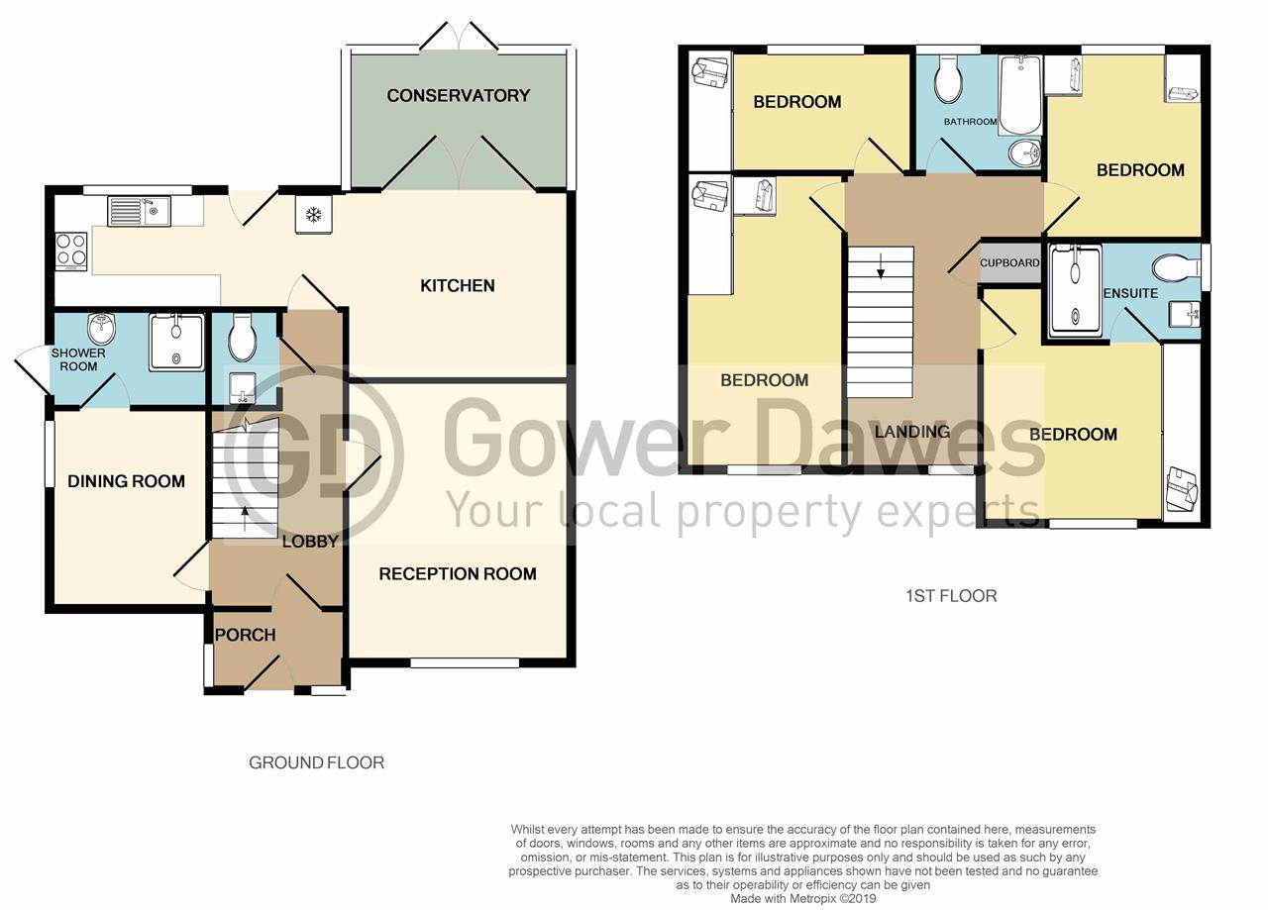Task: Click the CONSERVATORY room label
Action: (x=458, y=96)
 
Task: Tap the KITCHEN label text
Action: (x=457, y=286)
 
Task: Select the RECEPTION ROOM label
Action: (x=457, y=574)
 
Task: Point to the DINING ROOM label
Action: (x=126, y=482)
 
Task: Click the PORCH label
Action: (x=245, y=635)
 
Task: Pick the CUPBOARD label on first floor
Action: (x=1009, y=263)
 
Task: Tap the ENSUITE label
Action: (x=1130, y=294)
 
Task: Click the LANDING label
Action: (x=911, y=432)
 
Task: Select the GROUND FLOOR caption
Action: (x=316, y=762)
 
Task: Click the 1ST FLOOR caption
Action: (x=951, y=596)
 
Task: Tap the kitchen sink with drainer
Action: (x=139, y=211)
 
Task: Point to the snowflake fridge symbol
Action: (x=313, y=216)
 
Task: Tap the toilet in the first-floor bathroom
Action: (x=948, y=79)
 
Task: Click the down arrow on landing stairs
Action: (x=880, y=264)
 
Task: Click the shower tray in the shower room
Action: (x=176, y=343)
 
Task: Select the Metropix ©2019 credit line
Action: (x=802, y=899)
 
